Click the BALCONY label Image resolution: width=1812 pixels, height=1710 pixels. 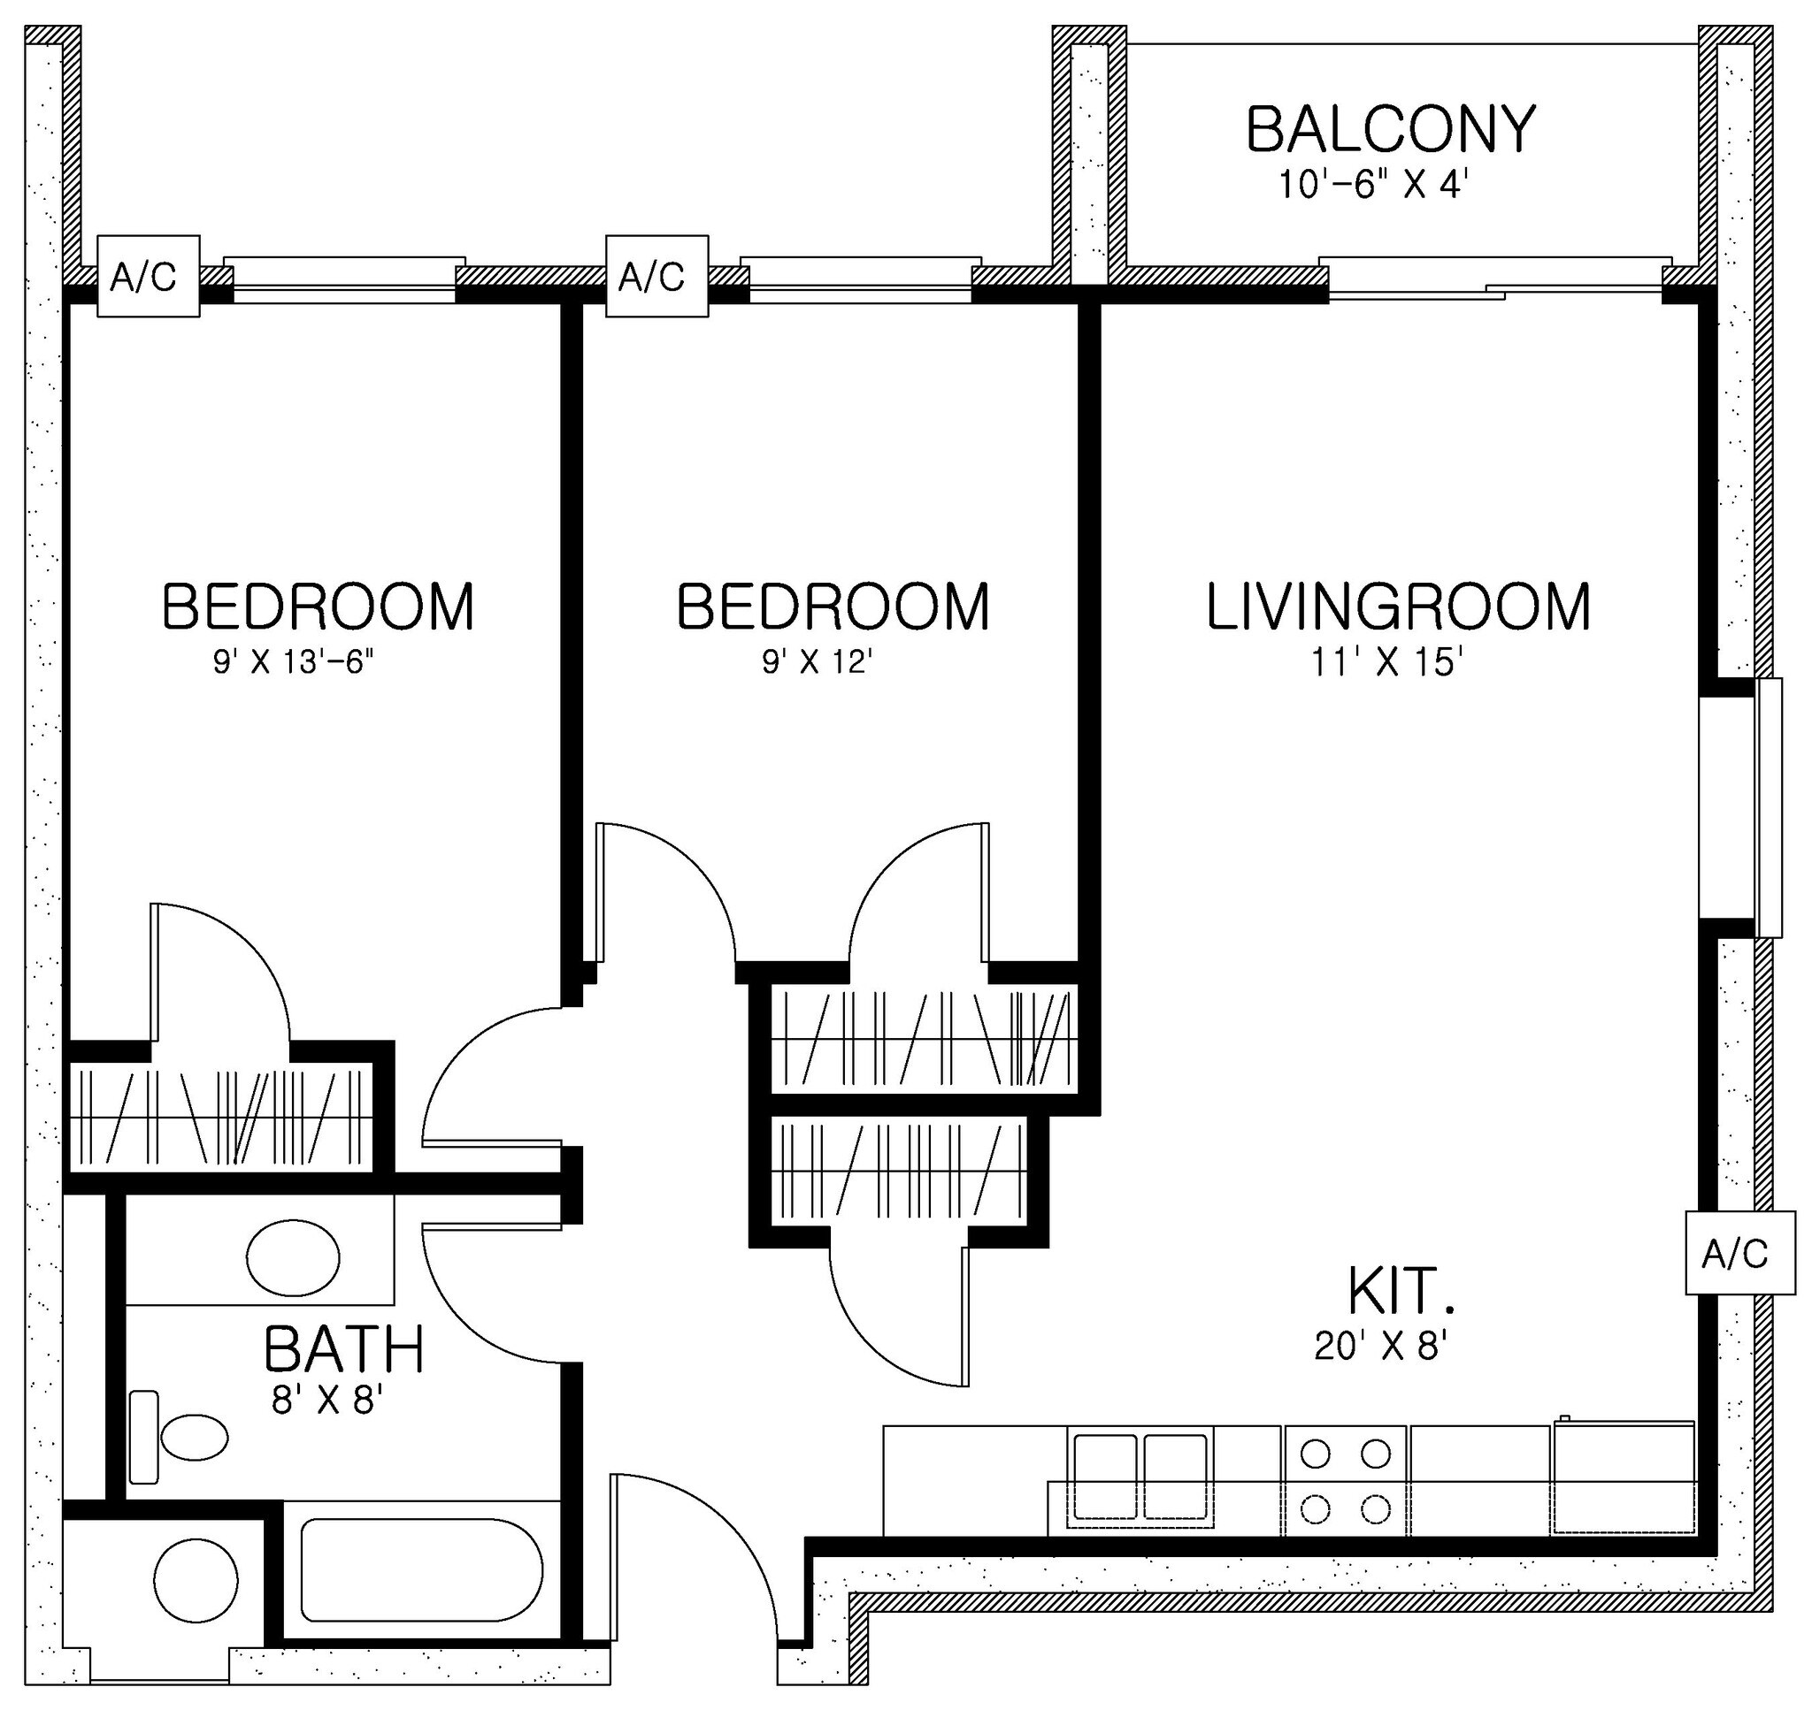(1390, 129)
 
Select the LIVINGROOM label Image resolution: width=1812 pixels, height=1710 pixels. (1398, 607)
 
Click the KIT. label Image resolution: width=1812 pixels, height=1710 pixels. (1400, 1291)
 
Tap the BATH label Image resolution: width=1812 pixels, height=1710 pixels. (344, 1350)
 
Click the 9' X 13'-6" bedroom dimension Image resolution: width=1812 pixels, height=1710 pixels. (294, 662)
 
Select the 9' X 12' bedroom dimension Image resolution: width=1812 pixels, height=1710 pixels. (818, 662)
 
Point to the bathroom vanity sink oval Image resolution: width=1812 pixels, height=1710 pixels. (293, 1258)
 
